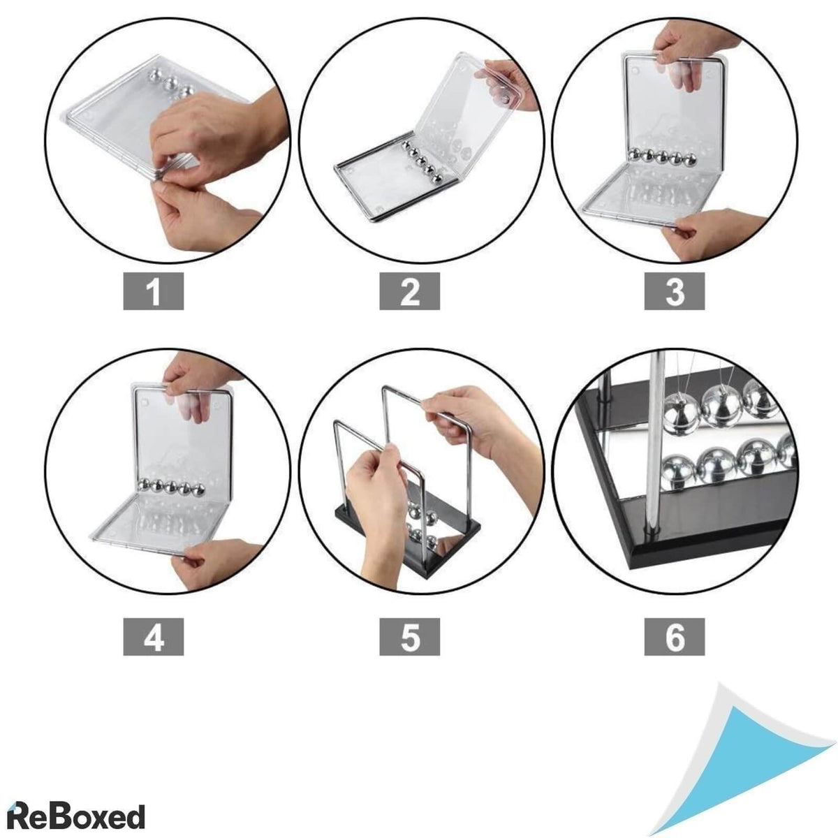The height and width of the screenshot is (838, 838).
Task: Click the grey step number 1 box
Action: coord(153,291)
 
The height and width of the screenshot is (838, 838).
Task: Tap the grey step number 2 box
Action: coord(409,291)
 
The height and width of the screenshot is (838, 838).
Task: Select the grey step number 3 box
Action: coord(674,291)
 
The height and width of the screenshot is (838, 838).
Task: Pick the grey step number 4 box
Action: coord(153,637)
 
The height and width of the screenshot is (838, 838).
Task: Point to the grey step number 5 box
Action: coord(409,637)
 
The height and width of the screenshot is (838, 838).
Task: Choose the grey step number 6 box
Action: coord(674,637)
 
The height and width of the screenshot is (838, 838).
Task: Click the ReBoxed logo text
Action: coord(76,805)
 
